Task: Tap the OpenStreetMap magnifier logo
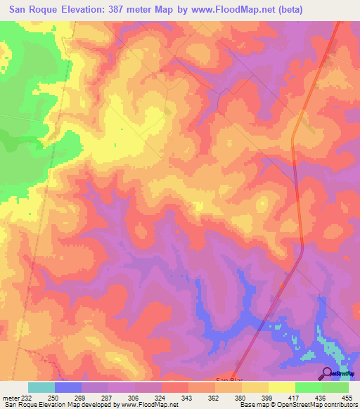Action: (328, 372)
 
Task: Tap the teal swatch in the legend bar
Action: (41, 387)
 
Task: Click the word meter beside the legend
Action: (10, 398)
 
